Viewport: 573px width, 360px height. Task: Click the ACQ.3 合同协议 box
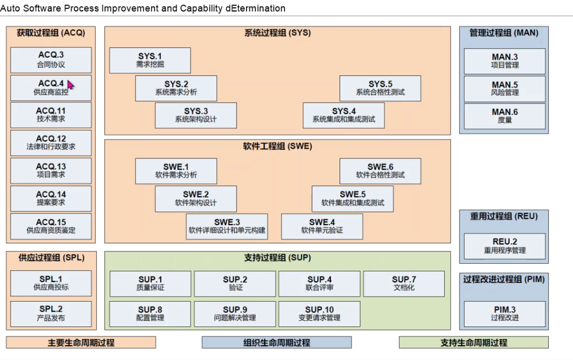coord(51,60)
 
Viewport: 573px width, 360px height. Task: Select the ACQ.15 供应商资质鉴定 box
coord(51,226)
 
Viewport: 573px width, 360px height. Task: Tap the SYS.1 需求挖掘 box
coord(150,60)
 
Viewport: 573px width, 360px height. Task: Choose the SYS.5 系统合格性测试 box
coord(380,88)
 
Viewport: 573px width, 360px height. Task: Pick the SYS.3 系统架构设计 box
coord(195,115)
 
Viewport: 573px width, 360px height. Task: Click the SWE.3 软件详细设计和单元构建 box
coord(227,226)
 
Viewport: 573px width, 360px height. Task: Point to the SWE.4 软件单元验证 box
coord(322,226)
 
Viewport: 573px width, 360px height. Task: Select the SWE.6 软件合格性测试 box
coord(380,171)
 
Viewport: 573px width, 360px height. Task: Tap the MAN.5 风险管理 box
coord(505,88)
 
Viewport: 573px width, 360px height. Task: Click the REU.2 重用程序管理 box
coord(505,246)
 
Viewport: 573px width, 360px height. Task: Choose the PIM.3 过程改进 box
coord(505,314)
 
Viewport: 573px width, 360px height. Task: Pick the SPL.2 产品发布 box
coord(51,314)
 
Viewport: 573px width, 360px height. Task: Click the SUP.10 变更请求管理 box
coord(319,314)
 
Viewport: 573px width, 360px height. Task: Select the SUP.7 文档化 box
coord(404,283)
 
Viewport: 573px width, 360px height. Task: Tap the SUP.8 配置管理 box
coord(150,314)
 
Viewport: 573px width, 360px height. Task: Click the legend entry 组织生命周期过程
coord(276,342)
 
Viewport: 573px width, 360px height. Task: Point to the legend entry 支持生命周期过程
coord(473,342)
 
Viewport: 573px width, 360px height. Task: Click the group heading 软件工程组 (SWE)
coord(277,146)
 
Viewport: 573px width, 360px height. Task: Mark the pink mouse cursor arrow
coord(70,85)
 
